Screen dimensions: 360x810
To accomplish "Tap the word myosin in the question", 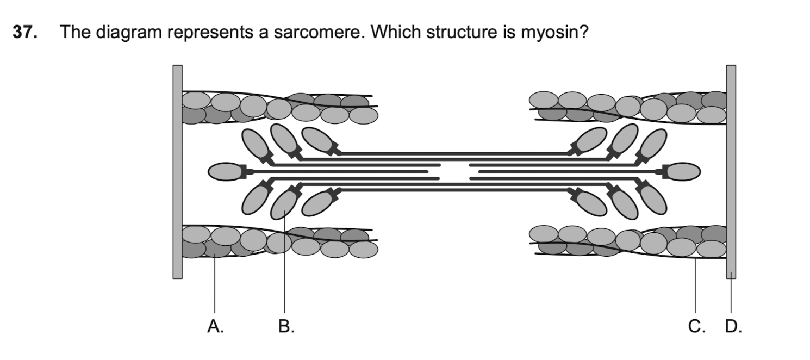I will (x=550, y=34).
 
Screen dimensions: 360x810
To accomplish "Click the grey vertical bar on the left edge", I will (x=178, y=171).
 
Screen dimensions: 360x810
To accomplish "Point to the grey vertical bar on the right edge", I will (x=731, y=171).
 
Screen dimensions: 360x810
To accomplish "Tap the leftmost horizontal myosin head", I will (x=225, y=171).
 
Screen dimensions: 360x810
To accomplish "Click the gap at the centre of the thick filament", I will (x=454, y=171).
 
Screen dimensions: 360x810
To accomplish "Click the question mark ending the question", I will (x=584, y=33).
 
